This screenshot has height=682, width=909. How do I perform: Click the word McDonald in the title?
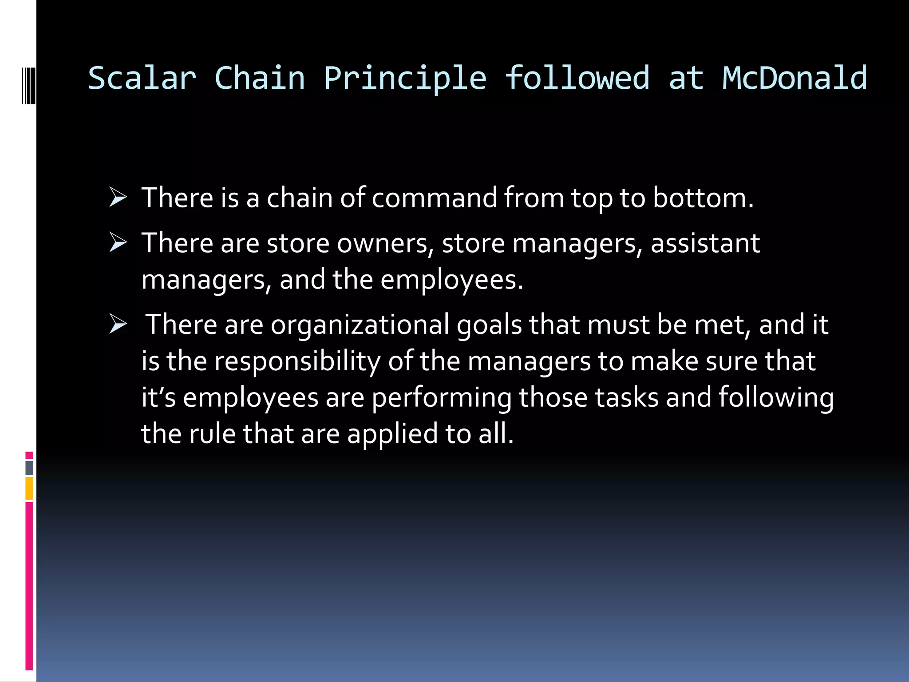pyautogui.click(x=794, y=78)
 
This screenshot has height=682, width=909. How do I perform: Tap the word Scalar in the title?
pyautogui.click(x=142, y=78)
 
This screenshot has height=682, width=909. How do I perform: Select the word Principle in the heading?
pyautogui.click(x=405, y=78)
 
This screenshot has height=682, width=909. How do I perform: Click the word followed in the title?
pyautogui.click(x=577, y=78)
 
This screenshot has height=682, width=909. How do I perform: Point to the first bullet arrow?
pyautogui.click(x=118, y=198)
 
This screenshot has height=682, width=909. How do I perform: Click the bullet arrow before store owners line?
pyautogui.click(x=118, y=243)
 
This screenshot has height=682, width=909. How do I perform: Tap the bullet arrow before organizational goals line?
pyautogui.click(x=118, y=325)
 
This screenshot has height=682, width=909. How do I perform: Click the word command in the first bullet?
pyautogui.click(x=434, y=198)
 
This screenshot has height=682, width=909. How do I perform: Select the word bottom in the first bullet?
pyautogui.click(x=703, y=198)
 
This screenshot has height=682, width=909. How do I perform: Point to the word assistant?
pyautogui.click(x=705, y=243)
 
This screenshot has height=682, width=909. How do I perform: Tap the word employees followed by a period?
pyautogui.click(x=451, y=280)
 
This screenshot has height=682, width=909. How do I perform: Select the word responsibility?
pyautogui.click(x=297, y=361)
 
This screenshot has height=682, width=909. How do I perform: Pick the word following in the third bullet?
pyautogui.click(x=776, y=397)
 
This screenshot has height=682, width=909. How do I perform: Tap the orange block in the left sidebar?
pyautogui.click(x=29, y=488)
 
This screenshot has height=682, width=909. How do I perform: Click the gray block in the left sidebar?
pyautogui.click(x=29, y=468)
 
